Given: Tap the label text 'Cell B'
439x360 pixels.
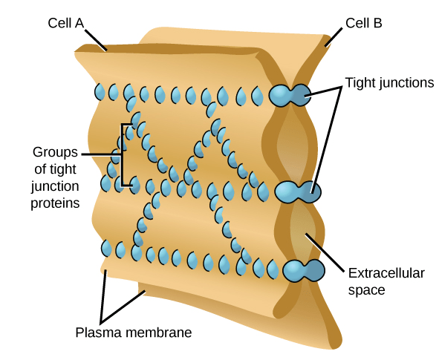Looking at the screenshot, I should [363, 22].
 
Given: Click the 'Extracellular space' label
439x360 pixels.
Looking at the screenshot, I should [386, 281].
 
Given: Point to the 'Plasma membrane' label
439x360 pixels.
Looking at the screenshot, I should [134, 332].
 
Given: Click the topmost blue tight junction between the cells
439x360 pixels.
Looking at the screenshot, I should [290, 94].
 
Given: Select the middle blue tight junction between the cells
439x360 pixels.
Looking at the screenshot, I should [298, 191].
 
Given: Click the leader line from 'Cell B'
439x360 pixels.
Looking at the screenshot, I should [336, 35].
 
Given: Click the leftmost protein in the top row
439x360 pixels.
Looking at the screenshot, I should [100, 93].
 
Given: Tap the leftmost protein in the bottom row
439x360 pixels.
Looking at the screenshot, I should [107, 248].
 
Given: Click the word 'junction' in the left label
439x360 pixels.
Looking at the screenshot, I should [56, 185].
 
